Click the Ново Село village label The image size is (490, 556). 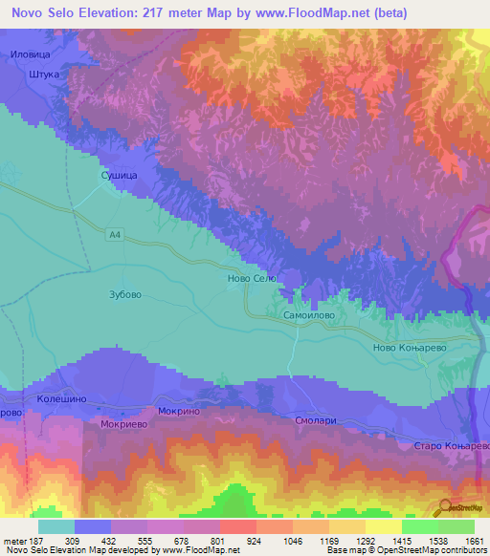coord(250,278)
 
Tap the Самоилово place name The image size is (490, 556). coord(308,312)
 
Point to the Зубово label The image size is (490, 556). coord(125,294)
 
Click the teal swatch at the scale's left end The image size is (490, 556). coord(56,526)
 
